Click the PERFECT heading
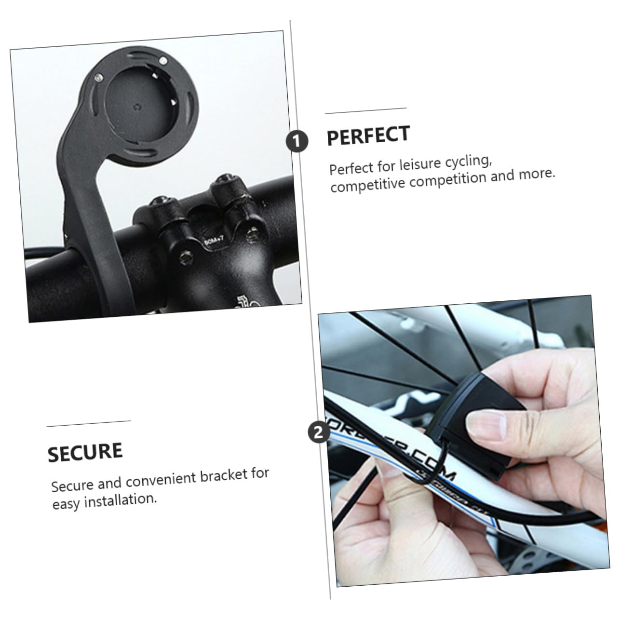pyautogui.click(x=368, y=136)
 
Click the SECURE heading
pyautogui.click(x=85, y=452)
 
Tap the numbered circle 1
pyautogui.click(x=297, y=141)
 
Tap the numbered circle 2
pyautogui.click(x=318, y=432)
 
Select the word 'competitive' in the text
pyautogui.click(x=368, y=184)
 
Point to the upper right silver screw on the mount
pyautogui.click(x=163, y=60)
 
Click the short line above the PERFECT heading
pyautogui.click(x=366, y=111)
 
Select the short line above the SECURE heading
pyautogui.click(x=89, y=423)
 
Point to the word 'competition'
pyautogui.click(x=447, y=178)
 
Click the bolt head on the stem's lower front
pyautogui.click(x=187, y=258)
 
